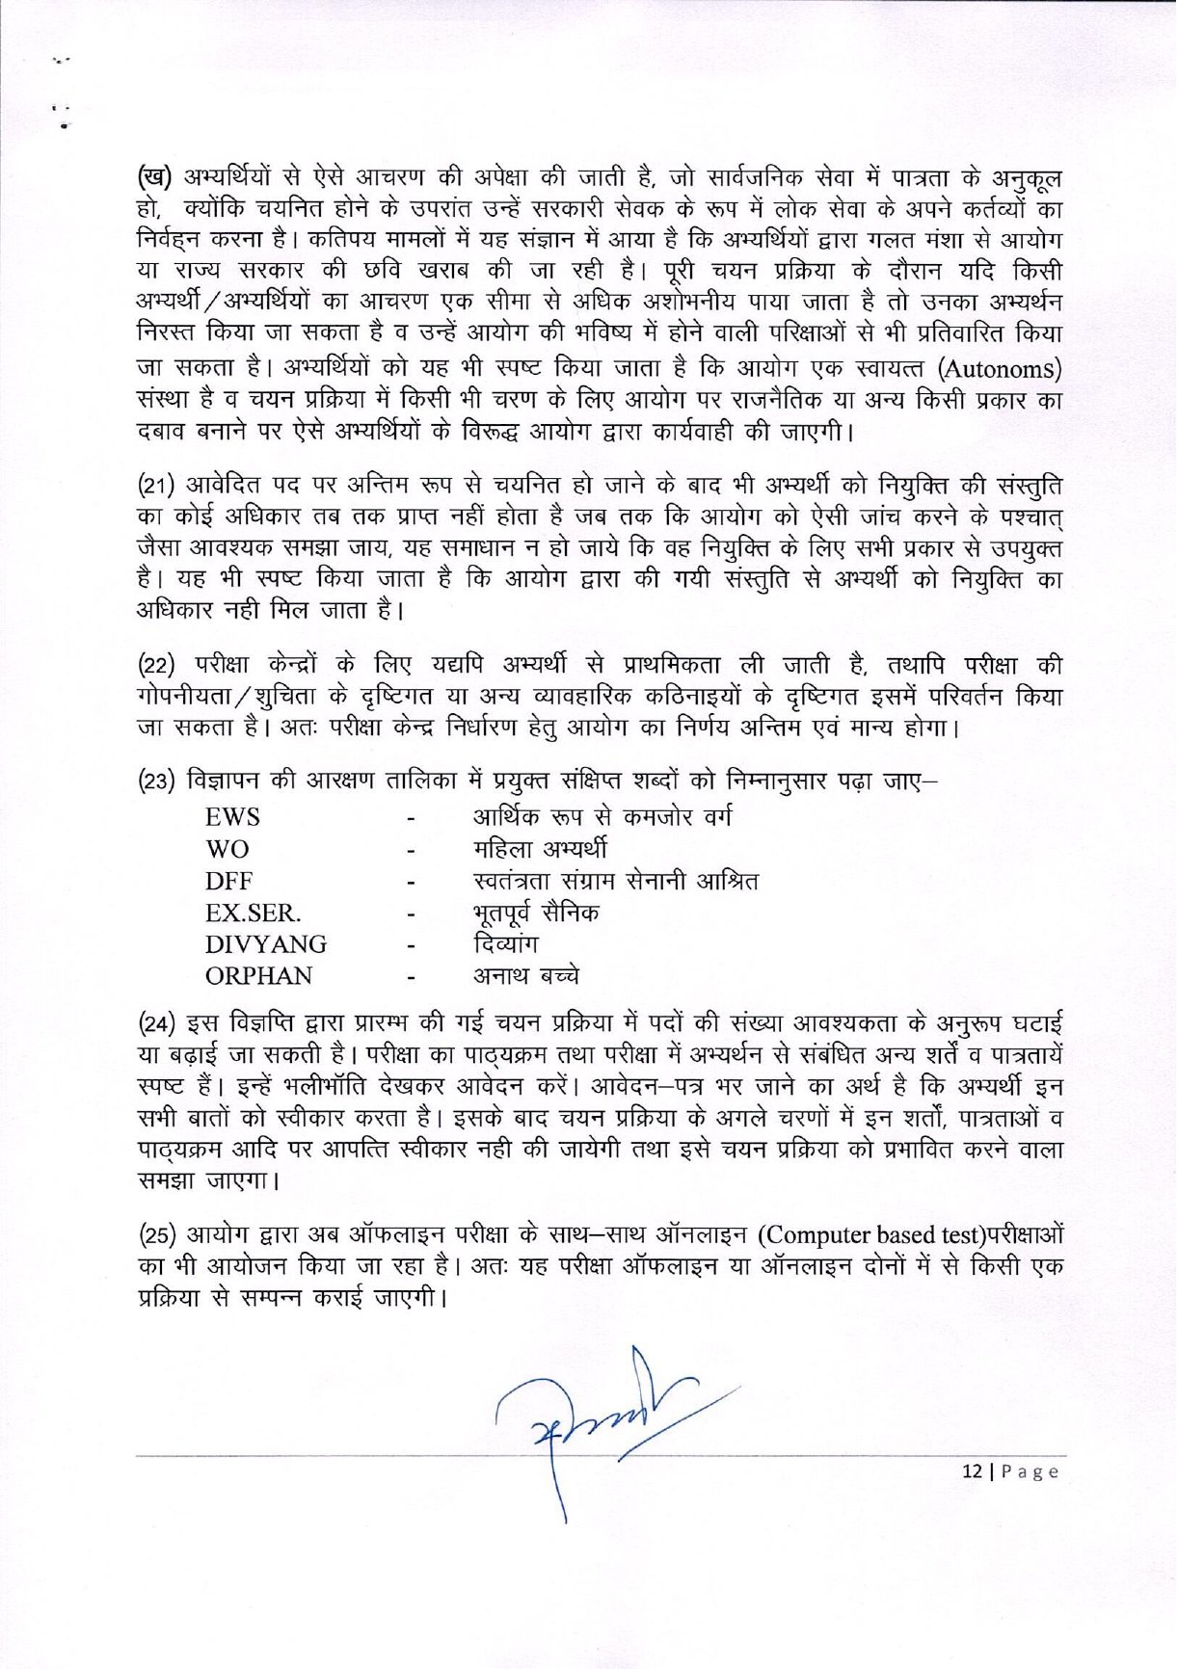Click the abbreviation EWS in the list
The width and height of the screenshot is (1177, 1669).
click(232, 818)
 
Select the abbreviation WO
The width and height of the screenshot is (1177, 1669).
click(227, 850)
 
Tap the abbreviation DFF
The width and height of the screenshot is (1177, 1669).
click(228, 882)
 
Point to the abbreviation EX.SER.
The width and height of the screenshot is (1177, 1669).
click(253, 914)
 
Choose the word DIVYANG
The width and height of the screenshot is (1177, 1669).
click(265, 944)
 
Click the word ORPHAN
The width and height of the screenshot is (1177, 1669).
click(258, 976)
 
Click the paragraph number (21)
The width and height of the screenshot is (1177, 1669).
click(156, 485)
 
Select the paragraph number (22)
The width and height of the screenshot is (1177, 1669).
click(157, 666)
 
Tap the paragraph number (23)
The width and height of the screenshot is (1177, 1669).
click(157, 782)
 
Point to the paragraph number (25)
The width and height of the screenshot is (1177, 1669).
click(157, 1235)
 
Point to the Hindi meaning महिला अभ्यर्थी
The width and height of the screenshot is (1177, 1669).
click(539, 850)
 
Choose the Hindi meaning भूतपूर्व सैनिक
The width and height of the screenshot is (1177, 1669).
click(535, 913)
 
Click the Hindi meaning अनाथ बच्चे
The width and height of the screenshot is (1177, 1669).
click(525, 976)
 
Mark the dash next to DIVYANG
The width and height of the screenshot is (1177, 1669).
click(411, 945)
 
